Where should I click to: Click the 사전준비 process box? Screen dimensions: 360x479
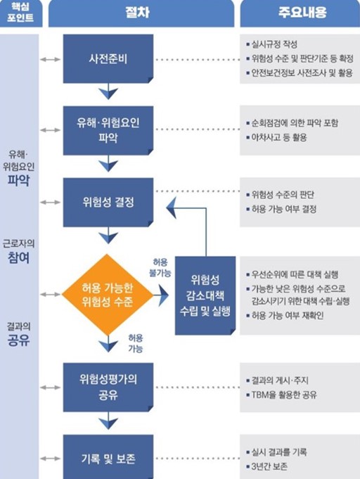(108, 58)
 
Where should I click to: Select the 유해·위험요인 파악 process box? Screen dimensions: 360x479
(108, 130)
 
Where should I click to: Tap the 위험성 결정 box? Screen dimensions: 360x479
(108, 203)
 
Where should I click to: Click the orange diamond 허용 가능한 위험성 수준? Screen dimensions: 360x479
(108, 295)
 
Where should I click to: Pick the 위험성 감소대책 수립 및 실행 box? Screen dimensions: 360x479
(205, 295)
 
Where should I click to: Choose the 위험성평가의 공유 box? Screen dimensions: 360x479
(108, 387)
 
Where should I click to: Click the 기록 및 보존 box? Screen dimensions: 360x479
(108, 458)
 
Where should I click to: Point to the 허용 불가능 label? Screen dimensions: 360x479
(160, 267)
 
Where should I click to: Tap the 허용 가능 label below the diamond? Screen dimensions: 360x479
(135, 343)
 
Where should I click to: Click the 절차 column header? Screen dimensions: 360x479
(137, 13)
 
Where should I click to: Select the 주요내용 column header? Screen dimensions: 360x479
(302, 13)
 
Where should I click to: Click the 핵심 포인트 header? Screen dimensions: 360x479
(20, 13)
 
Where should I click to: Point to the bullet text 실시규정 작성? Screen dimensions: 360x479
(274, 44)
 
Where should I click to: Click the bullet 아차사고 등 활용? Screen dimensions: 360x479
(278, 137)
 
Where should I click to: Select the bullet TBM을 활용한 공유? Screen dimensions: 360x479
(284, 395)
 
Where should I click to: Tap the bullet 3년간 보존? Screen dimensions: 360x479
(269, 466)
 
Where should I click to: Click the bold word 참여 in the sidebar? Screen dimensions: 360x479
(18, 257)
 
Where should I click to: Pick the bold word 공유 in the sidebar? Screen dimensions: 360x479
(18, 340)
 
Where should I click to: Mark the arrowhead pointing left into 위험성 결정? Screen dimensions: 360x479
(172, 207)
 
